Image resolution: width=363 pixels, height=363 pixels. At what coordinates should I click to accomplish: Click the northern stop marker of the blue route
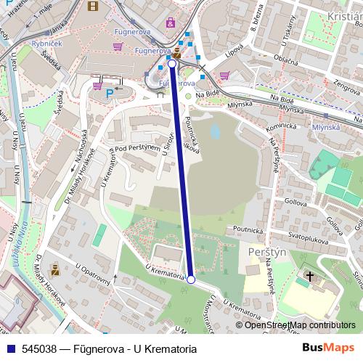pos(172,64)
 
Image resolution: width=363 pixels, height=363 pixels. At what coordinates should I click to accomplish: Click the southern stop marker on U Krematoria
pos(191,280)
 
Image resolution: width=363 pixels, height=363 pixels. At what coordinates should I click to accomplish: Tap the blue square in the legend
pos(8,349)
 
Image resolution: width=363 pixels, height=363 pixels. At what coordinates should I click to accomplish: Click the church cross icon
pos(310,277)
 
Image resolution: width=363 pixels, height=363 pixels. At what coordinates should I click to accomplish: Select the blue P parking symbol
pos(110,93)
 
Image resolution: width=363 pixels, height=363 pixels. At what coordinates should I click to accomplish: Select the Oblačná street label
pos(285,61)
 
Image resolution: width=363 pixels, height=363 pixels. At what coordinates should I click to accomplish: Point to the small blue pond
pos(214,131)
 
